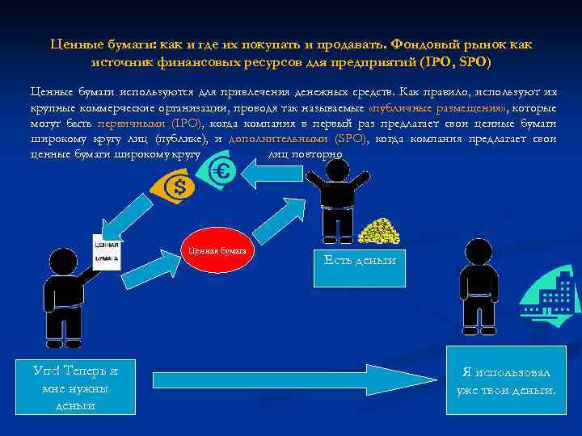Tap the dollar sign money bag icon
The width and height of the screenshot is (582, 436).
tap(179, 188)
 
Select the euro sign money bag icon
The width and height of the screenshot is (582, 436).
tap(221, 170)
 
